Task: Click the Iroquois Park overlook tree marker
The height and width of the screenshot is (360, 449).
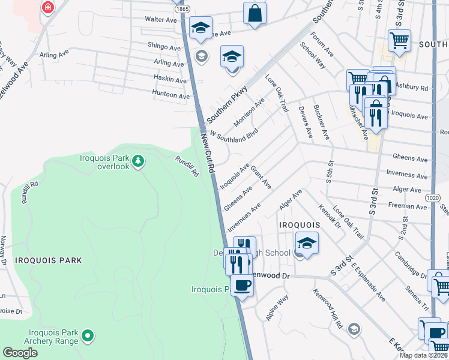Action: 138,161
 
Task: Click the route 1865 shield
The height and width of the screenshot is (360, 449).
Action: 183,9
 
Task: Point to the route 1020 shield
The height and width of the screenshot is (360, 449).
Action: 434,196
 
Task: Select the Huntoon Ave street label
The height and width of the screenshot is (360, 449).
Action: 171,95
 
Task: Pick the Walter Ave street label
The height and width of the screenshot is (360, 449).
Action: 161,19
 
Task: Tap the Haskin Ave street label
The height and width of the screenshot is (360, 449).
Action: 170,79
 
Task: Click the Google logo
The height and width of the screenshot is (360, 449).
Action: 20,353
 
